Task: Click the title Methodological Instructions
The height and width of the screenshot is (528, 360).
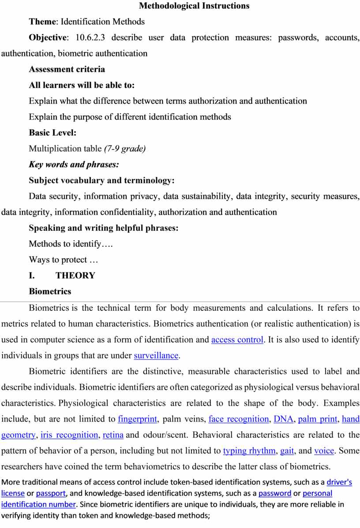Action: (194, 6)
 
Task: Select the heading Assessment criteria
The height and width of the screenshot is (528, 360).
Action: (67, 69)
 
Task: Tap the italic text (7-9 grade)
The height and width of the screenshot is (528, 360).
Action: (125, 149)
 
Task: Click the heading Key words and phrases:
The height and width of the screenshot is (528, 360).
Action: (74, 165)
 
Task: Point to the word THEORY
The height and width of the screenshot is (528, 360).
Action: (75, 275)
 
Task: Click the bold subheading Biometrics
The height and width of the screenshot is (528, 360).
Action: (50, 291)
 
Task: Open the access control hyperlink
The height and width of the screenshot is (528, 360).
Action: (237, 340)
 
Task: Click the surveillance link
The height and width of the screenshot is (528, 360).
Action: (156, 355)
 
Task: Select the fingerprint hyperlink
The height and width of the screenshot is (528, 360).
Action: (139, 419)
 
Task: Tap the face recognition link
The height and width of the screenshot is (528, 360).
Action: (239, 419)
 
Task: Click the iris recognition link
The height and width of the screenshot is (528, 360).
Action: (69, 435)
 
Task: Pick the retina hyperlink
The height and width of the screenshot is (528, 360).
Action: (113, 435)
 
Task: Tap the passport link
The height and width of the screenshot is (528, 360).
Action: (51, 493)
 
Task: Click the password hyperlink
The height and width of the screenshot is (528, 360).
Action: (274, 493)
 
